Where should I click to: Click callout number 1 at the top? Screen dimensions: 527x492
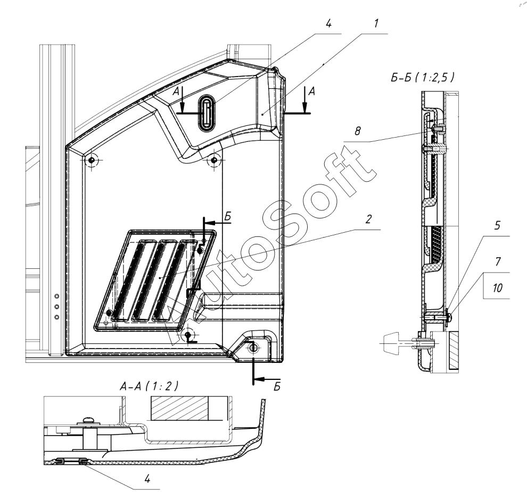pyautogui.click(x=376, y=23)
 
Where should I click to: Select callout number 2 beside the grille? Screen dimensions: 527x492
pyautogui.click(x=368, y=219)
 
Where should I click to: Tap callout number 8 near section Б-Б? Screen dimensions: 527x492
pyautogui.click(x=358, y=131)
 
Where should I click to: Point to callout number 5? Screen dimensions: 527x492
pyautogui.click(x=497, y=225)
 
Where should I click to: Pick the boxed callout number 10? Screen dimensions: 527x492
pyautogui.click(x=497, y=287)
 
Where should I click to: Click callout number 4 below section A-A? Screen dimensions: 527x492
pyautogui.click(x=147, y=479)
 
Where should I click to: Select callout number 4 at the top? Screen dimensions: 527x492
pyautogui.click(x=328, y=23)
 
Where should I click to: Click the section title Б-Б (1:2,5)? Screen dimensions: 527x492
pyautogui.click(x=423, y=78)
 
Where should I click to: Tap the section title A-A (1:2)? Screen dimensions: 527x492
pyautogui.click(x=149, y=386)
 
